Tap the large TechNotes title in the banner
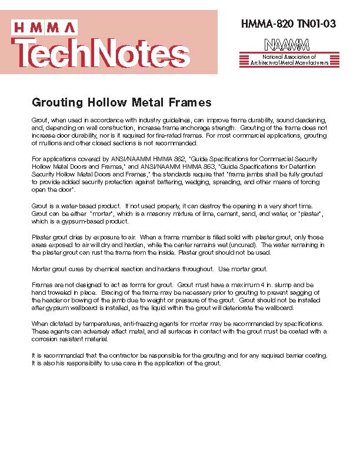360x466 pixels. pyautogui.click(x=100, y=52)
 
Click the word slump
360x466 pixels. pyautogui.click(x=281, y=285)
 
